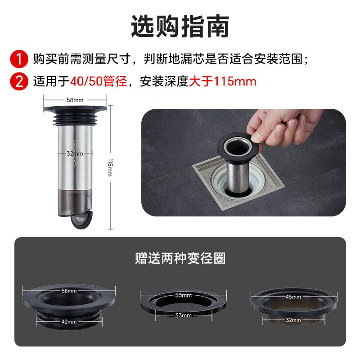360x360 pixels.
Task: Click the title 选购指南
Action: tap(180, 26)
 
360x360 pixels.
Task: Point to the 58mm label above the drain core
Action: tap(76, 99)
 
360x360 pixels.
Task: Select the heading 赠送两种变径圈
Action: tap(180, 258)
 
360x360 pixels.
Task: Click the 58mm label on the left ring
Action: tap(69, 291)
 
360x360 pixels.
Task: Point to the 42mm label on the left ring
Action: tap(69, 321)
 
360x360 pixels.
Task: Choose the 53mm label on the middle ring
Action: tap(183, 295)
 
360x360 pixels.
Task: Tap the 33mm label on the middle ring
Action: tap(183, 315)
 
